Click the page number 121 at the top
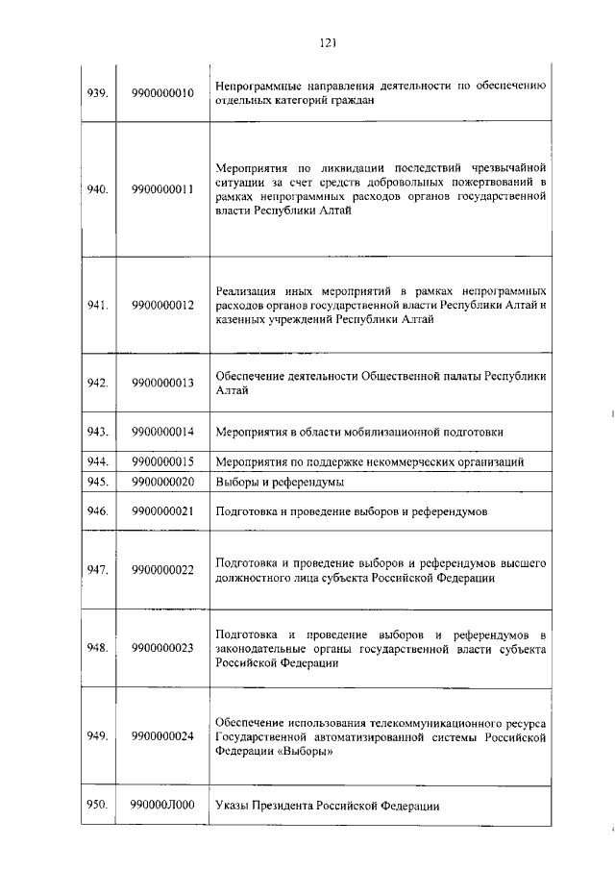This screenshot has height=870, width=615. [x=326, y=41]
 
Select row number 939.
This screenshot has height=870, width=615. [x=96, y=93]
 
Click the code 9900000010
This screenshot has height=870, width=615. [x=163, y=93]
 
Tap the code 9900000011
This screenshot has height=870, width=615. [x=163, y=189]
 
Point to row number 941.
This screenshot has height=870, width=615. [x=96, y=306]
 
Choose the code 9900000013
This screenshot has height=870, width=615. [x=163, y=383]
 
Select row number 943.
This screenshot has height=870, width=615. [x=96, y=432]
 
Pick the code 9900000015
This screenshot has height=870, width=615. [x=163, y=462]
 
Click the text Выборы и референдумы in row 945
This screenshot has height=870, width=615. [x=280, y=482]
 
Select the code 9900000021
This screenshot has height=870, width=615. [x=163, y=512]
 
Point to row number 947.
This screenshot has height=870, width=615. [x=96, y=570]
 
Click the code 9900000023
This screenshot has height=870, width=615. [x=163, y=648]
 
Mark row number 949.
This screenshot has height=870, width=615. [x=96, y=736]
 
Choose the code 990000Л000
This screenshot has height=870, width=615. [x=163, y=806]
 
